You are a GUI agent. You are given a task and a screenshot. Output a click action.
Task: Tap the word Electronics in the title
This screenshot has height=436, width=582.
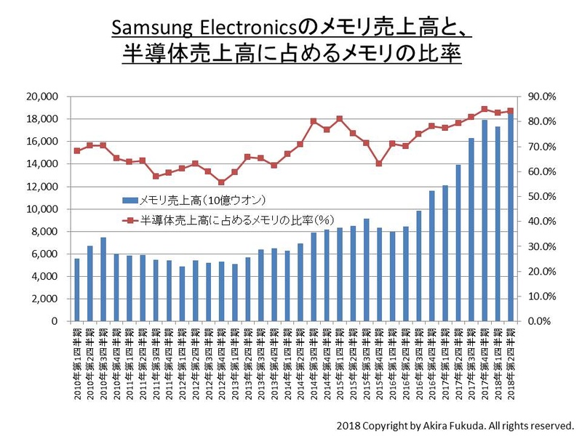252,28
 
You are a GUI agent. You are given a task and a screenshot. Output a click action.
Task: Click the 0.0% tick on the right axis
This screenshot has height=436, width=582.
542,321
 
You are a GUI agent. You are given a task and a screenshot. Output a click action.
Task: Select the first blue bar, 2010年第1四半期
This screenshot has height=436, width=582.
77,289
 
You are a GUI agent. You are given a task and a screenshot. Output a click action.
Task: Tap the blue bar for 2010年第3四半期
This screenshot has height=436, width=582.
103,279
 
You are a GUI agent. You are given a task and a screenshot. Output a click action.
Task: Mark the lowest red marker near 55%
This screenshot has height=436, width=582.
221,182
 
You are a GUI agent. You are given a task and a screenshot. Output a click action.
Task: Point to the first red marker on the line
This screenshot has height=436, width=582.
77,151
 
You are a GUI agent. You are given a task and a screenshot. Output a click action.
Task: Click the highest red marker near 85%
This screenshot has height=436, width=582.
484,109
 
